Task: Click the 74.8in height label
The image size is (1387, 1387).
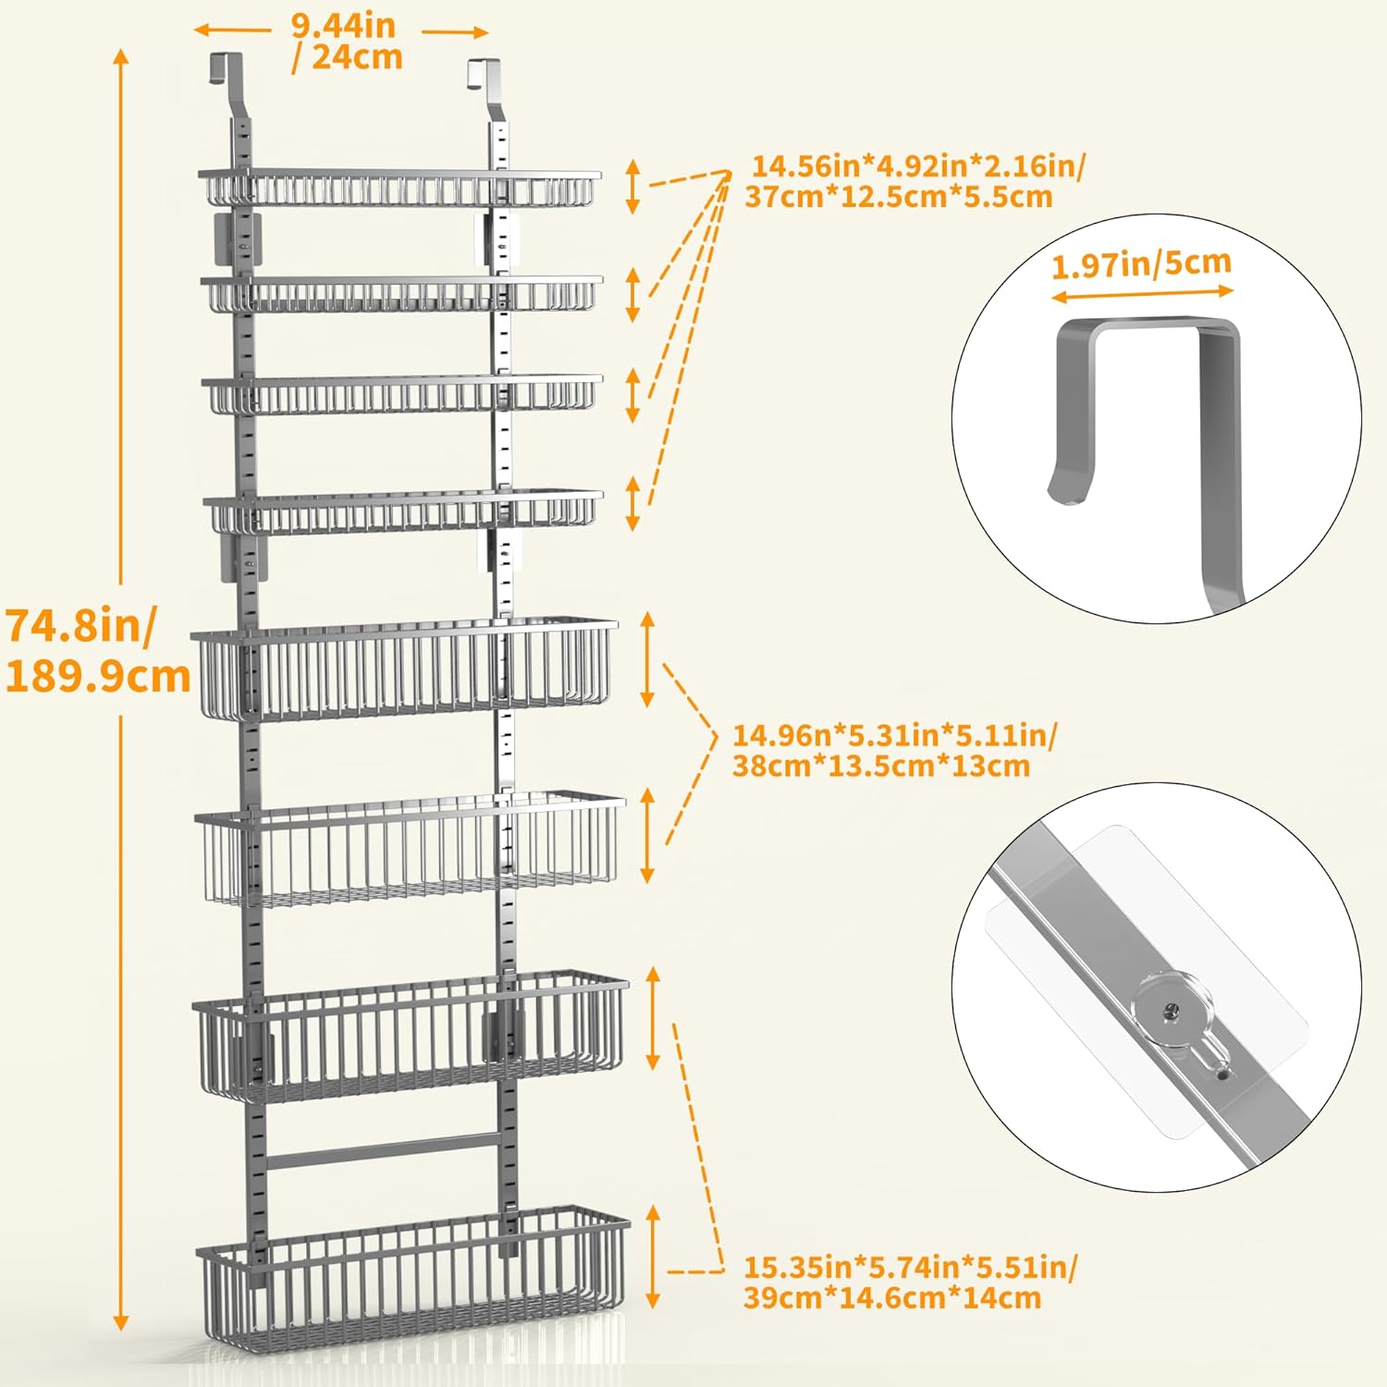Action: click(81, 626)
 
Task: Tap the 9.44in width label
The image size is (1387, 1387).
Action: click(343, 25)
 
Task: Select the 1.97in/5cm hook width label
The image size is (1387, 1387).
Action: click(1141, 264)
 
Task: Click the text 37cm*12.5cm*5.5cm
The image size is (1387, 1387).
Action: click(899, 197)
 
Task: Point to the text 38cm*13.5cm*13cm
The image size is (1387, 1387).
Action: click(881, 766)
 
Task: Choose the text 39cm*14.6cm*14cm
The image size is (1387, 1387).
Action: click(892, 1297)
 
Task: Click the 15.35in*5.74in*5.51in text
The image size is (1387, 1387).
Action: click(911, 1266)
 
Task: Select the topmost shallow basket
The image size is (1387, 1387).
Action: click(399, 187)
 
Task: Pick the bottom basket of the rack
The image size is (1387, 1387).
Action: click(413, 1276)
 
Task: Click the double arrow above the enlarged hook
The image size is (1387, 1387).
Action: click(1143, 294)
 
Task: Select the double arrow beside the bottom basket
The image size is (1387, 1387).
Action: click(654, 1256)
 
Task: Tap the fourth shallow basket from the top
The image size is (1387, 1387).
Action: click(404, 512)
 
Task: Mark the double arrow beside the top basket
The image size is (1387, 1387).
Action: click(632, 186)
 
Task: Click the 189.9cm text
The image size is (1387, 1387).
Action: click(98, 677)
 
